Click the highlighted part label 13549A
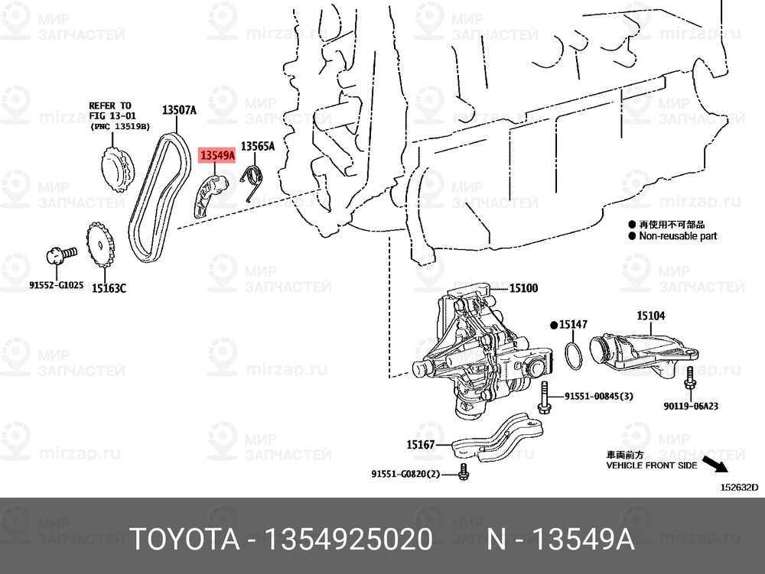217,156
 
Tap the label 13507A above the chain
179,110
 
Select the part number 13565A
258,146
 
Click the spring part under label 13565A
253,181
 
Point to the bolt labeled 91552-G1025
61,255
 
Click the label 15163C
109,288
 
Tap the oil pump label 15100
523,288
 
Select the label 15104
650,316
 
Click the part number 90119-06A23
690,406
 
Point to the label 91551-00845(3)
599,396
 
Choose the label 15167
421,444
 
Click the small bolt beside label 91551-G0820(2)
464,472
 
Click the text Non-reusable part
678,236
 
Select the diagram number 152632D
740,487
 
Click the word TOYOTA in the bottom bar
186,540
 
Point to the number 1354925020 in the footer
348,540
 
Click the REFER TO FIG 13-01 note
119,116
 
